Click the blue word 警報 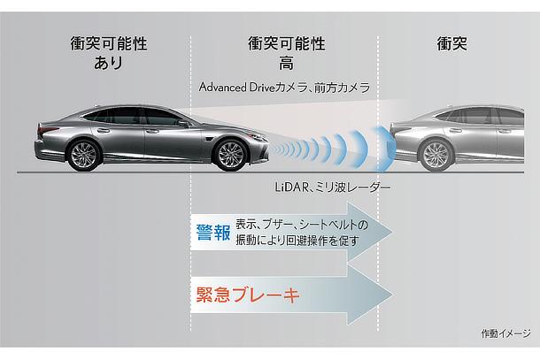click(213, 233)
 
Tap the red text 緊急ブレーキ click(248, 295)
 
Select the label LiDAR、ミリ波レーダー click(333, 188)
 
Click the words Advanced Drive click(237, 87)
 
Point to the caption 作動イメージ click(505, 333)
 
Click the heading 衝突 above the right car click(451, 44)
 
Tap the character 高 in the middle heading click(286, 63)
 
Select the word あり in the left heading click(108, 63)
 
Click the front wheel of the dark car click(230, 155)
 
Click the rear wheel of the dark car click(84, 156)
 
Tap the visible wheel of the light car click(436, 155)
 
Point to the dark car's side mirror click(183, 123)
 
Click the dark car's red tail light click(47, 130)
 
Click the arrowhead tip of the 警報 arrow click(393, 232)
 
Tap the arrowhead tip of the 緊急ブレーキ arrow click(393, 295)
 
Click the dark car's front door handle click(151, 131)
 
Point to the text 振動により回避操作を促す click(297, 241)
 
